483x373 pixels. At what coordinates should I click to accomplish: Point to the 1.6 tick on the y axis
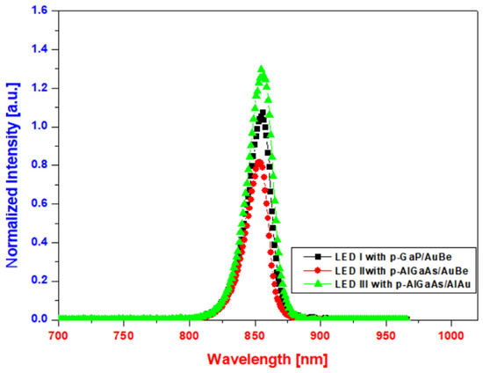tap(41, 11)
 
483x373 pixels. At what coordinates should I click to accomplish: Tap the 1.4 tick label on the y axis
tap(41, 50)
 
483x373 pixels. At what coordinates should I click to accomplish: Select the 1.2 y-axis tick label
tap(41, 89)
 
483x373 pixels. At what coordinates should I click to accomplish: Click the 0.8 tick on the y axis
tap(41, 165)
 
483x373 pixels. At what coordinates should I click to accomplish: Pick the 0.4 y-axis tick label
tap(41, 242)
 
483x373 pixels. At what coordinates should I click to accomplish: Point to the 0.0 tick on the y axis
tap(41, 318)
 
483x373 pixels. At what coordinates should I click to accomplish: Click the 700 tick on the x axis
tap(59, 335)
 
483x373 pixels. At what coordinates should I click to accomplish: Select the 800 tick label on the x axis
tap(190, 335)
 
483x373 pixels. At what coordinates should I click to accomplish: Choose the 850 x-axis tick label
tap(256, 335)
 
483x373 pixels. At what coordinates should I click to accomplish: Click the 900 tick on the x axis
tap(321, 335)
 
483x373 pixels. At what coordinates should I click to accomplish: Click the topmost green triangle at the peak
tap(261, 69)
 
